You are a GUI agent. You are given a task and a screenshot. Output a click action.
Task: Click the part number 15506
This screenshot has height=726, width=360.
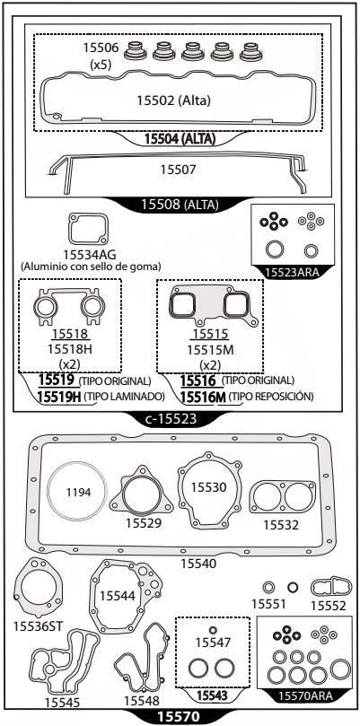101,48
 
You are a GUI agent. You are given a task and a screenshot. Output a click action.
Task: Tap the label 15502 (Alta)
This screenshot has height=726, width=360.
173,101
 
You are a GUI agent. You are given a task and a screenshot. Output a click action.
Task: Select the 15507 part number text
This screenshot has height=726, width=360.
179,170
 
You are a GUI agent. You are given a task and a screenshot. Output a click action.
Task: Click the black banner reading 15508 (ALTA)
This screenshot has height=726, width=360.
180,205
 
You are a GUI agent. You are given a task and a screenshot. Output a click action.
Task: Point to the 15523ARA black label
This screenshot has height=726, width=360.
293,272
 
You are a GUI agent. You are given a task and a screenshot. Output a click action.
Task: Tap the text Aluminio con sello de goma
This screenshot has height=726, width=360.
91,267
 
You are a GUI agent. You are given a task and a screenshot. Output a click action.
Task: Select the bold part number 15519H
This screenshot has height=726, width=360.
59,397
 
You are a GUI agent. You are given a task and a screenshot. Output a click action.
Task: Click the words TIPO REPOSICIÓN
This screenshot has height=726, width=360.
271,397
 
